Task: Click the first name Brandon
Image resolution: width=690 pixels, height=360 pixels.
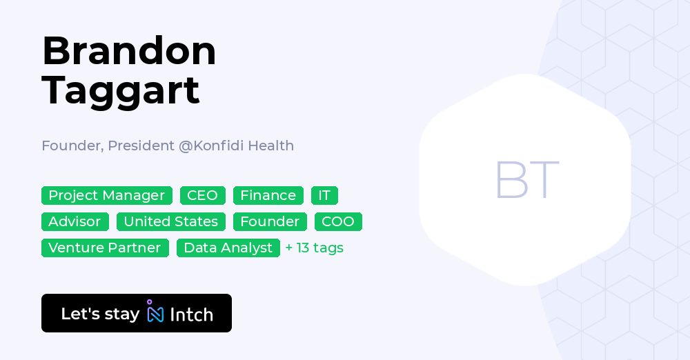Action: (x=129, y=52)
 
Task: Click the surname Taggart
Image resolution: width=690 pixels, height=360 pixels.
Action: (x=121, y=90)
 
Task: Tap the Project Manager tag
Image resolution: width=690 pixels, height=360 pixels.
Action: (x=106, y=196)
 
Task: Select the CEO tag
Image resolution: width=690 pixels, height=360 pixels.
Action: (x=203, y=196)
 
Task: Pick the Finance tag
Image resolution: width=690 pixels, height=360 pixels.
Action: (x=268, y=196)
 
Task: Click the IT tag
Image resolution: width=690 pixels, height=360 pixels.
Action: (x=324, y=196)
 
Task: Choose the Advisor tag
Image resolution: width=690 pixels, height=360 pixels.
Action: (x=75, y=222)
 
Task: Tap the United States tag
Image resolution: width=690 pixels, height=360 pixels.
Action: (x=171, y=222)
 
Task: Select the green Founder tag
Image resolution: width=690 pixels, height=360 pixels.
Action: (x=270, y=222)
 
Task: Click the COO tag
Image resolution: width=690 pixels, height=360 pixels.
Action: (x=338, y=222)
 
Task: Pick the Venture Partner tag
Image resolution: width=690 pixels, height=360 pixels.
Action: (x=105, y=248)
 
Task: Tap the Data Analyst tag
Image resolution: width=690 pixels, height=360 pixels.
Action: (x=228, y=248)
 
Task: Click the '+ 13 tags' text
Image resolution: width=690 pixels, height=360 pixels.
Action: (x=315, y=248)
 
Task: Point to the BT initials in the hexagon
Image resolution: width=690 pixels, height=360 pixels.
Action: (x=526, y=180)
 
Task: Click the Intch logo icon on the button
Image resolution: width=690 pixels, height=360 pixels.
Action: (x=155, y=312)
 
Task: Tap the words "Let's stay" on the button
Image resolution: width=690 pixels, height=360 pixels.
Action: (x=100, y=314)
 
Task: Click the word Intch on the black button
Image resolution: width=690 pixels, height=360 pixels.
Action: (x=191, y=314)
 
